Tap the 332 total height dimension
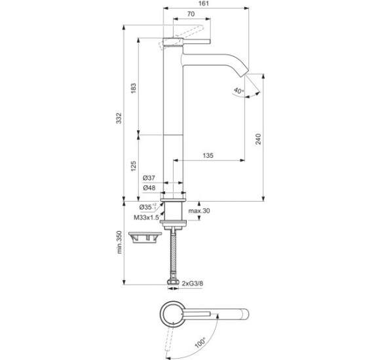119,117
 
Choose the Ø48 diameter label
149,189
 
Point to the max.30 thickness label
199,211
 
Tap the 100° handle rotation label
200,341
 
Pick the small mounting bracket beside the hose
145,237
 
